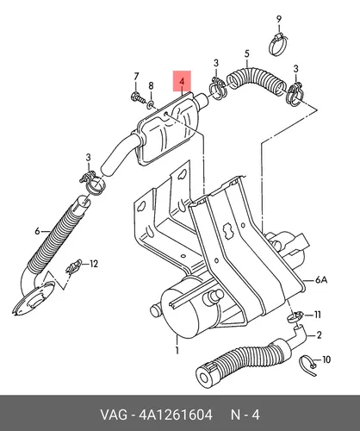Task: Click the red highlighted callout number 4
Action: point(182,81)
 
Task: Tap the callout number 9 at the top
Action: point(279,20)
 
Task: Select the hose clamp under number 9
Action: point(278,44)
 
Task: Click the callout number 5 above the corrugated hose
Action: point(247,53)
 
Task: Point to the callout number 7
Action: point(136,77)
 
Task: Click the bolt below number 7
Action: point(138,97)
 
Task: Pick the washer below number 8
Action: point(151,105)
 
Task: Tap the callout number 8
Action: point(151,85)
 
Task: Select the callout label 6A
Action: point(321,279)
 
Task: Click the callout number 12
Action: point(94,264)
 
